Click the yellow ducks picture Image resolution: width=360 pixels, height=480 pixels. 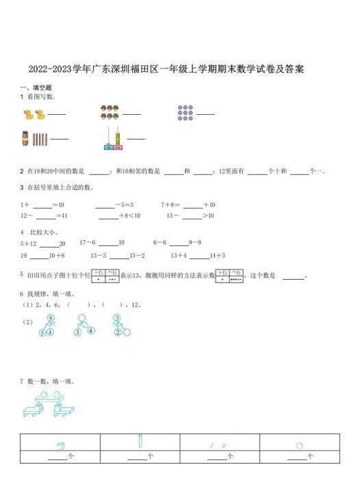[x=34, y=114]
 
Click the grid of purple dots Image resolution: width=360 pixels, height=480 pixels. [x=185, y=113]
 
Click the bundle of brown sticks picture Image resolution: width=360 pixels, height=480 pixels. [x=35, y=139]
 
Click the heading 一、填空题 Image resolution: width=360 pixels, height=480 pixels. [x=36, y=88]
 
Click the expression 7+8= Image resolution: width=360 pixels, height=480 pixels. [x=170, y=204]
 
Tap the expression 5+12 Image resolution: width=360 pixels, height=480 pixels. [x=28, y=243]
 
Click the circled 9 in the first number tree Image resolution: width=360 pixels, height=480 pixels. [x=51, y=319]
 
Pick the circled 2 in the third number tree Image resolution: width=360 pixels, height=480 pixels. [x=118, y=333]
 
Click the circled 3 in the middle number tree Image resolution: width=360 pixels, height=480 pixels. [x=77, y=333]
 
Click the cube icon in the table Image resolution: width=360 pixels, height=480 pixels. [x=60, y=445]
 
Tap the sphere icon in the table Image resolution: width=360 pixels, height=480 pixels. [x=299, y=445]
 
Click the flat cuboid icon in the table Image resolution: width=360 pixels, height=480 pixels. [x=218, y=445]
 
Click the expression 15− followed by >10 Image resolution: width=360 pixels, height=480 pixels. [x=174, y=216]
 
